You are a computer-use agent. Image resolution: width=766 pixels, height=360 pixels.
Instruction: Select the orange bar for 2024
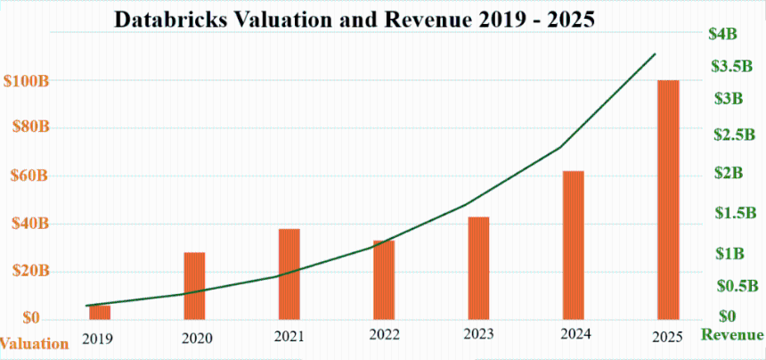coord(574,244)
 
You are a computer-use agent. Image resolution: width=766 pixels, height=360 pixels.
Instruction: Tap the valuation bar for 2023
coord(478,267)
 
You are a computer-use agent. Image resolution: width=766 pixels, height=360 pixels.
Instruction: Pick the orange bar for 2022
coord(384,279)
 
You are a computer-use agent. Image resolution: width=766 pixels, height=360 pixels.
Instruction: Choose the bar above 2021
coord(289,274)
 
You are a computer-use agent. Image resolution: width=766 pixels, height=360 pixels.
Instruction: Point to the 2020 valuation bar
coord(194,285)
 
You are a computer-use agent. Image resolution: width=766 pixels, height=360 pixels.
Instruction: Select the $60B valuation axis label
coord(28,176)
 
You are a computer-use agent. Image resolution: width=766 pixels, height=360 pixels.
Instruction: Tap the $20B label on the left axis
coord(28,271)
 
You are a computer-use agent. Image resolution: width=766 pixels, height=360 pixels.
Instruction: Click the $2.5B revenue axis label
coord(735,135)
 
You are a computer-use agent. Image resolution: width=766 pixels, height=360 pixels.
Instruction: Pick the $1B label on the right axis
coord(729,253)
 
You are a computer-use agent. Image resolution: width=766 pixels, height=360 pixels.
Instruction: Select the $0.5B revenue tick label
coord(735,285)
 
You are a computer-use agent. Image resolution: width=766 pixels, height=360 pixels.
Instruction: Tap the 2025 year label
coord(666,337)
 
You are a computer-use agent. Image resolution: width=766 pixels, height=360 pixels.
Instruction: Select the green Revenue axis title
coord(732,335)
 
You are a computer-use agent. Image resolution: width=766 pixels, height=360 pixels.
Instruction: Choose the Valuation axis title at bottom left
coord(34,343)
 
